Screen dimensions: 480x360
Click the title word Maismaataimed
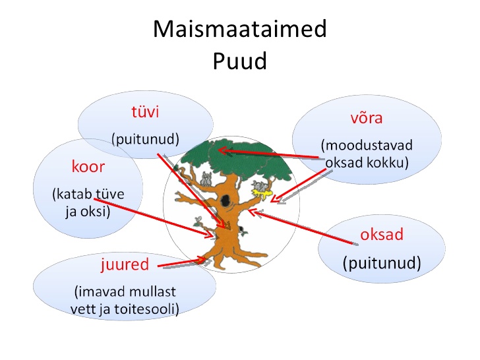[x=240, y=29]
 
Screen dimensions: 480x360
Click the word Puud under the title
[x=240, y=61]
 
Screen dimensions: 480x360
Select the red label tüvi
[x=145, y=111]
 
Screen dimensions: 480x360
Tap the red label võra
[x=367, y=118]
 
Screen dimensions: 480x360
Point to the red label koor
[x=88, y=167]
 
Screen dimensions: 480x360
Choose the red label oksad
[x=382, y=235]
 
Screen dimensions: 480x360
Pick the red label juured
[x=125, y=264]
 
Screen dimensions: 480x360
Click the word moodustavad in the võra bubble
[x=367, y=145]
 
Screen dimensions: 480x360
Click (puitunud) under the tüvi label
[x=145, y=139]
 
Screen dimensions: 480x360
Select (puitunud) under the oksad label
[x=382, y=263]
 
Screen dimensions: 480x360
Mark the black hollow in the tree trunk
[x=225, y=200]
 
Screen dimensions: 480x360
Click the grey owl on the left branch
[x=206, y=179]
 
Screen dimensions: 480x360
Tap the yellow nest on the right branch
[x=261, y=193]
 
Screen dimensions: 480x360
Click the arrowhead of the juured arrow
[x=202, y=260]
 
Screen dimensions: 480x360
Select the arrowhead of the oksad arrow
[x=252, y=212]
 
